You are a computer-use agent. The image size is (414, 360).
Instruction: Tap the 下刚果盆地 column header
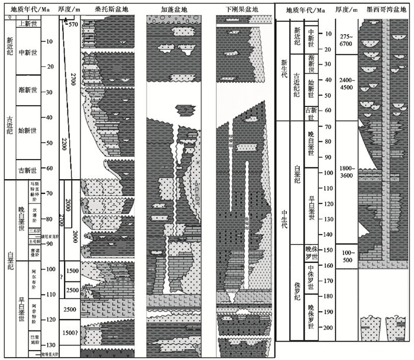coord(240,10)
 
